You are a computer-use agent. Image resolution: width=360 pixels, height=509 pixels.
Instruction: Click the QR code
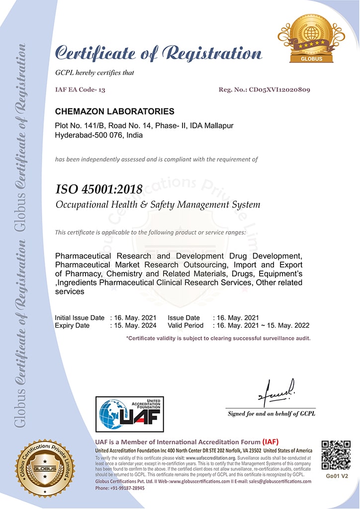tap(336, 455)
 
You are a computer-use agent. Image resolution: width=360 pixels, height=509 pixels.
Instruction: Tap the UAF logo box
tap(129, 414)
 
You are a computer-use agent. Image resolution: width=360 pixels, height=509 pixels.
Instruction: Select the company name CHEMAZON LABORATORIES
tap(114, 111)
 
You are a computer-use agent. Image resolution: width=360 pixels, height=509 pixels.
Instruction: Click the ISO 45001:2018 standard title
tap(99, 189)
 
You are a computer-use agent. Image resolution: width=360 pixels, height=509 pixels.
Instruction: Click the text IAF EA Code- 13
tap(80, 90)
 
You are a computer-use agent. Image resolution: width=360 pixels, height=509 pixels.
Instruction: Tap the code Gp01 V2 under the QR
tap(337, 476)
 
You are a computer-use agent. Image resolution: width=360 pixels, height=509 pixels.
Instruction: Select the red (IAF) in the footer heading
tap(270, 442)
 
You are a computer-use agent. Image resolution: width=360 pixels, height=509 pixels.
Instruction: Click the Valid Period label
tap(185, 326)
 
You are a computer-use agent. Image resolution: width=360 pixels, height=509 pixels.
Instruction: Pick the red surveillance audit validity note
tap(218, 338)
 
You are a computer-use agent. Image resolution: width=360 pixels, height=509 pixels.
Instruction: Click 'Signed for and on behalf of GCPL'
tap(271, 414)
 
